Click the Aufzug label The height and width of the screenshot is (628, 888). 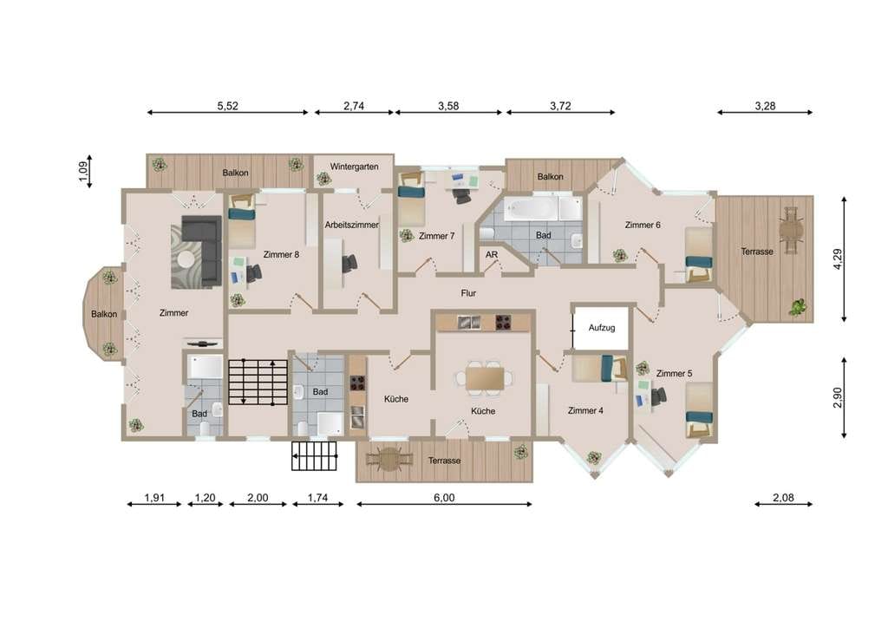tap(602, 328)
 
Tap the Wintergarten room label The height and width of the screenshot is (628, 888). tap(354, 167)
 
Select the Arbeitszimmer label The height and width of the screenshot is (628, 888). tap(351, 225)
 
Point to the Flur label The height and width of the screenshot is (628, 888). tap(468, 293)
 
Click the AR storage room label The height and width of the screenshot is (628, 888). tap(492, 255)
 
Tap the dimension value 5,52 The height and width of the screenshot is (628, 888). tap(228, 106)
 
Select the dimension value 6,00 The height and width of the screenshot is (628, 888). tap(444, 498)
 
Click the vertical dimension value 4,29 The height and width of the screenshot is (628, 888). tap(839, 258)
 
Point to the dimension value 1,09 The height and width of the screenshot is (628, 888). tap(84, 171)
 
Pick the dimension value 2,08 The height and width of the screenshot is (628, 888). tap(783, 498)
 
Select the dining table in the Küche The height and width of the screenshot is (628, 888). tap(485, 379)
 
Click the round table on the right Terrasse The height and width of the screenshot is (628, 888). tap(791, 230)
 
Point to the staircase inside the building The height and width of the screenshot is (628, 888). tap(258, 382)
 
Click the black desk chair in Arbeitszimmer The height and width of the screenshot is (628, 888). tap(349, 264)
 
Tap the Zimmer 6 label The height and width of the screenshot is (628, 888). tap(643, 225)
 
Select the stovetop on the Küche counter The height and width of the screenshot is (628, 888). tap(503, 322)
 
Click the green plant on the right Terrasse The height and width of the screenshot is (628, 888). tap(798, 307)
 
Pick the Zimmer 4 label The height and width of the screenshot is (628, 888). tap(585, 410)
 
